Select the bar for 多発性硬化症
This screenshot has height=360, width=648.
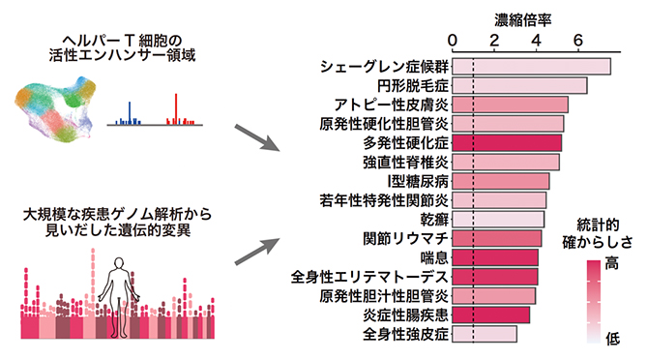tap(507, 143)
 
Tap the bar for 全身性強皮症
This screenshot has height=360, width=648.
tap(485, 335)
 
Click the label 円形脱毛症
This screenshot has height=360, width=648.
tap(412, 86)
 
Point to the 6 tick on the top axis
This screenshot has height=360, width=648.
tap(577, 41)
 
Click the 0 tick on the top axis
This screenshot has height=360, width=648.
tap(453, 41)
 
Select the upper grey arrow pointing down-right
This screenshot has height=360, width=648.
tap(253, 136)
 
